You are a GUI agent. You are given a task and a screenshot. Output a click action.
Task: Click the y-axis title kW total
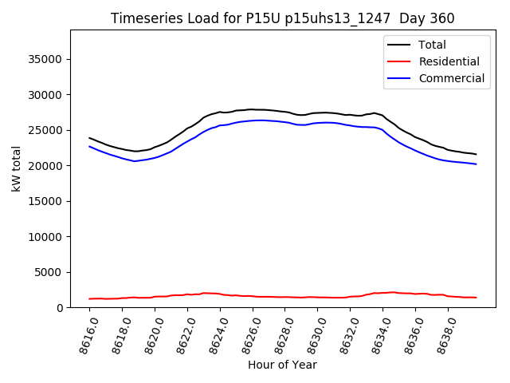pos(17,168)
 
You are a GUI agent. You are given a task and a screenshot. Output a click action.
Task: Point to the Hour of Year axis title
pos(283,365)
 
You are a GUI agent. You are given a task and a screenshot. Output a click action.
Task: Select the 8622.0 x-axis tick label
pos(182,332)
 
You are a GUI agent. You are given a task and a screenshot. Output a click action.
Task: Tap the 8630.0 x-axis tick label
pos(312,332)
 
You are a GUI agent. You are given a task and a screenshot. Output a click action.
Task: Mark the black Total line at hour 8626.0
pos(252,109)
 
